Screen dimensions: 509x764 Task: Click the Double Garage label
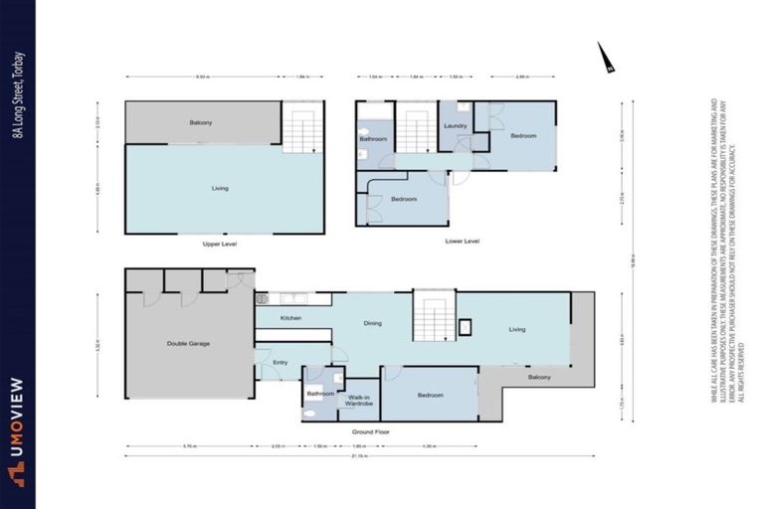click(x=188, y=344)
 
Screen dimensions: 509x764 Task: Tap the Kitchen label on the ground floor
click(x=290, y=318)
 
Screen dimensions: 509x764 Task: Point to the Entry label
click(x=281, y=363)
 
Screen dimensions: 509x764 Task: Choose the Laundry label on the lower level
click(x=456, y=126)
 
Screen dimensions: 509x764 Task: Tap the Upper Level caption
click(x=218, y=243)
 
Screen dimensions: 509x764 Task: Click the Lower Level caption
click(x=464, y=241)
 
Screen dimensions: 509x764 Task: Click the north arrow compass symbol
click(x=605, y=59)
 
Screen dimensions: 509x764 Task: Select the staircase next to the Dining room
click(x=434, y=316)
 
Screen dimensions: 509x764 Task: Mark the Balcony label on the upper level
click(x=202, y=122)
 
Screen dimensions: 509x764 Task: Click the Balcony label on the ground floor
click(x=539, y=378)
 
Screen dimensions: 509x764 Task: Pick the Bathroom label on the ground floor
click(x=320, y=394)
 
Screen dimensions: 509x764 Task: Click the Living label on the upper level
click(x=221, y=187)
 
